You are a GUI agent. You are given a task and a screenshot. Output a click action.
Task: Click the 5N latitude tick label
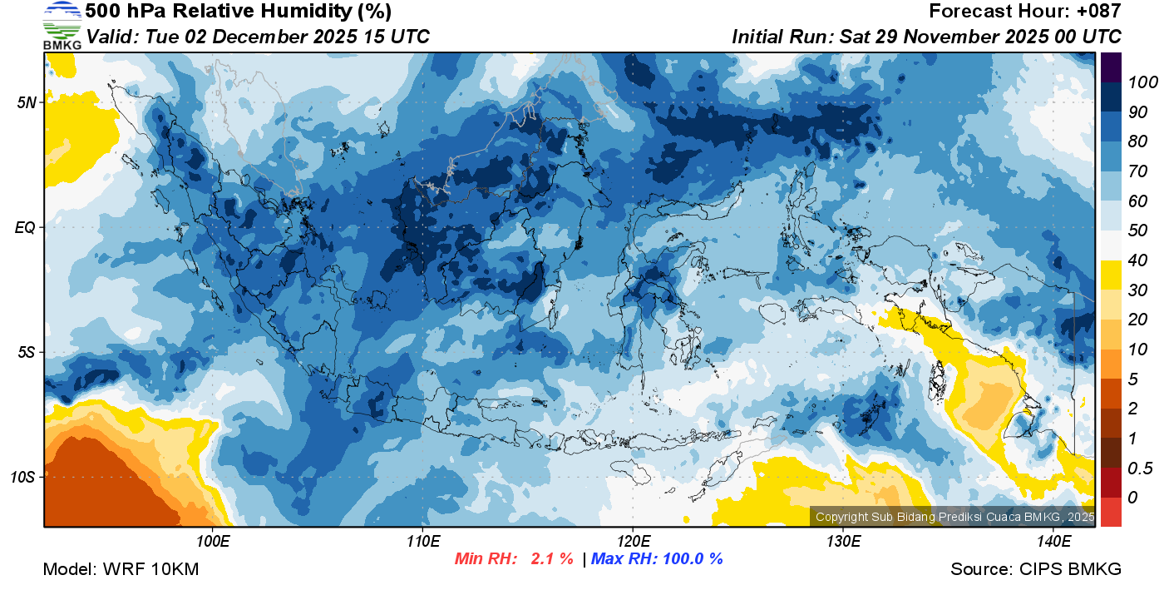click(x=27, y=103)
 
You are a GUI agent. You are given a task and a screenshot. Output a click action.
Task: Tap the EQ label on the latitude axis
click(x=27, y=227)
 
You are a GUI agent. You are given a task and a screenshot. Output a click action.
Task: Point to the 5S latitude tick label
click(x=27, y=352)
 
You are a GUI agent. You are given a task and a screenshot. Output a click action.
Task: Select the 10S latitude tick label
click(x=24, y=477)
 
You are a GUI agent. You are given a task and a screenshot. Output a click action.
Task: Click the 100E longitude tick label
click(x=213, y=541)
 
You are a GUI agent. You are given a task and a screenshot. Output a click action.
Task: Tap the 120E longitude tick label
click(x=633, y=541)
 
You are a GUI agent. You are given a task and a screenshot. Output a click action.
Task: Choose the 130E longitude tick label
click(x=843, y=541)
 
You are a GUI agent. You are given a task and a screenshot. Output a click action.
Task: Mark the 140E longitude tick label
click(x=1053, y=541)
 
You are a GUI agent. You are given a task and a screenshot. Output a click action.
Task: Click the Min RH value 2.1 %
click(x=550, y=559)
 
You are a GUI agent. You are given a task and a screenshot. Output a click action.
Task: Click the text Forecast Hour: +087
click(x=1025, y=12)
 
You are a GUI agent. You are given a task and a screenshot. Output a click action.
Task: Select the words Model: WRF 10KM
click(x=121, y=569)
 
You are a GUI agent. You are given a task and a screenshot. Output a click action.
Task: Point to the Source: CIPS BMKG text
click(x=1036, y=569)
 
